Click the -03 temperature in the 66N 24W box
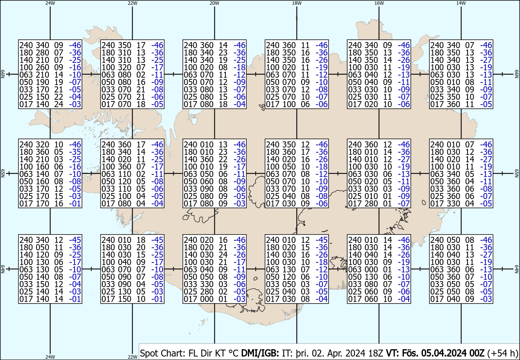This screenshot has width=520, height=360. (75, 105)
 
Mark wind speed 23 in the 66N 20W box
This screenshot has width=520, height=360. (223, 53)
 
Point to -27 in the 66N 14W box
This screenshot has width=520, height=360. (486, 60)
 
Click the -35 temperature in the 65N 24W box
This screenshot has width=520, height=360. (75, 152)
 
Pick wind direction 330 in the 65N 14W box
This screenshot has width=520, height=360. (453, 204)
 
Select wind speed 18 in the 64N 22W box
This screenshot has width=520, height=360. (141, 240)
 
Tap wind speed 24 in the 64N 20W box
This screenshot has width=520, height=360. (223, 255)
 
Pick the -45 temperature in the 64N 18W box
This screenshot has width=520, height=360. (322, 240)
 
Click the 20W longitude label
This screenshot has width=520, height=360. (214, 3)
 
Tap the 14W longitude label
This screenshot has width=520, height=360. (461, 3)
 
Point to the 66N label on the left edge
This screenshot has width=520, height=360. (3, 74)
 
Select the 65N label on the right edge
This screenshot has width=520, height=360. (517, 173)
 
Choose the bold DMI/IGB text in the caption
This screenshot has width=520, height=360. (260, 353)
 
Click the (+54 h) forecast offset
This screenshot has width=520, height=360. (503, 353)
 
